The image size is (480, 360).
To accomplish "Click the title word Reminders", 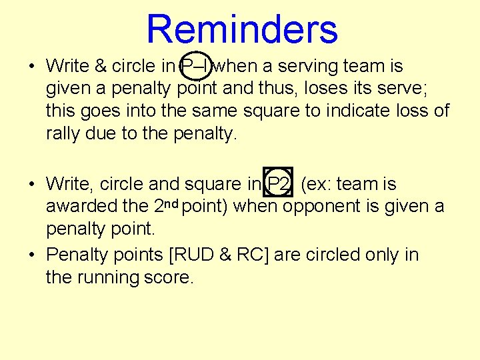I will click(241, 29).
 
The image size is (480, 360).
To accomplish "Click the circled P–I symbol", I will click(197, 67).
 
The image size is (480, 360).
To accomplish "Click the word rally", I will click(63, 133).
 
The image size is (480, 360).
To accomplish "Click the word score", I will click(169, 277).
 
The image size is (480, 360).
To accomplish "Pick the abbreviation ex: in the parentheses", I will click(316, 184).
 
